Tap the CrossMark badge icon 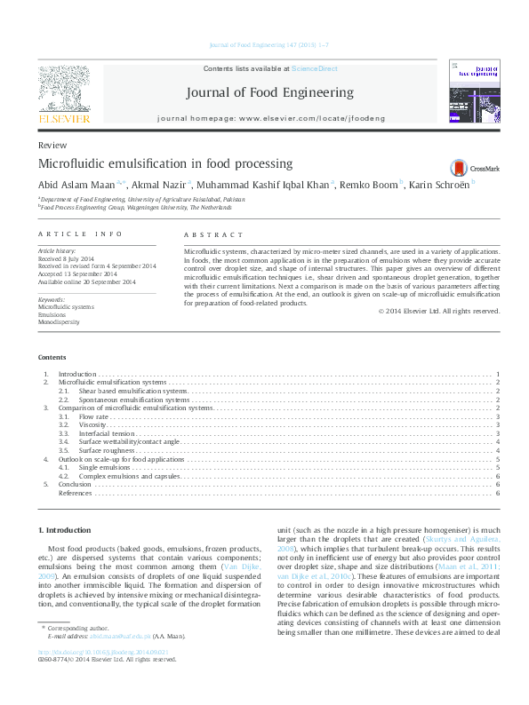[459, 168]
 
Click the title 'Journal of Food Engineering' [269, 92]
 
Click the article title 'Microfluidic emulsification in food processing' [165, 164]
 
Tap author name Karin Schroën [439, 185]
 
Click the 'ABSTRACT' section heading [212, 234]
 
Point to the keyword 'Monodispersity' [59, 322]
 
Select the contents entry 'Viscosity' [92, 425]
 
